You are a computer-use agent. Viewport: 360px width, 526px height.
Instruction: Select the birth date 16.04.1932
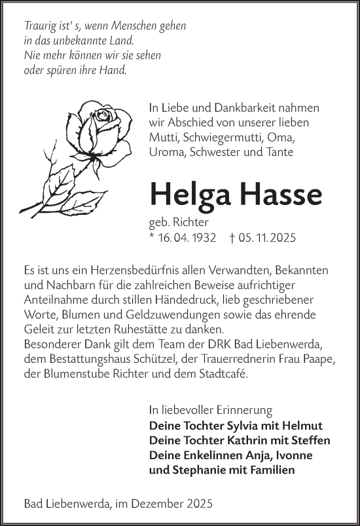point(187,238)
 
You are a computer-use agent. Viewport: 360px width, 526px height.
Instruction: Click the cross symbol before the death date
point(234,238)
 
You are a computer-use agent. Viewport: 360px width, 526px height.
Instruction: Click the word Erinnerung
point(241,411)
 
